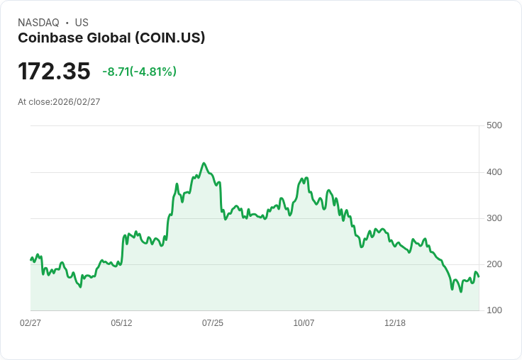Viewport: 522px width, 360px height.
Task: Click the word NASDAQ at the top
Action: (x=38, y=23)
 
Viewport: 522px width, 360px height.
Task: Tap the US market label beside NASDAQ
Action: (x=82, y=23)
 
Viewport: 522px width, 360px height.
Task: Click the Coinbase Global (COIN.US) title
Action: (x=111, y=38)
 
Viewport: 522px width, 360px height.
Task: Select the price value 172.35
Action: (x=54, y=72)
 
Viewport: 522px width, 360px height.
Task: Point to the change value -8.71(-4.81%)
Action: (x=139, y=72)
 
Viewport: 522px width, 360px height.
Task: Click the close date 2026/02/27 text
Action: (x=77, y=102)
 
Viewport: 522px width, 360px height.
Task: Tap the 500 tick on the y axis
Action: (x=494, y=125)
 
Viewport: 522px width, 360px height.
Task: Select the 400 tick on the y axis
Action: (x=494, y=172)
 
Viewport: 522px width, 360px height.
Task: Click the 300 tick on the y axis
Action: (x=494, y=218)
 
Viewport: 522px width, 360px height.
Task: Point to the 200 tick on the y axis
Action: (x=494, y=264)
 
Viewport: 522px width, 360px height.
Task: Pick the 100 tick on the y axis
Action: (x=494, y=310)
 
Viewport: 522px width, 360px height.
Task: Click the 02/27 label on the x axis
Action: (x=30, y=323)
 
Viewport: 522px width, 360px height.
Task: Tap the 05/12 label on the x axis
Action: (x=121, y=323)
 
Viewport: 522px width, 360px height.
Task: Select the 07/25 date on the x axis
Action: (x=213, y=323)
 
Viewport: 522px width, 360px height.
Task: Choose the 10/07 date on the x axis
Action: (x=304, y=323)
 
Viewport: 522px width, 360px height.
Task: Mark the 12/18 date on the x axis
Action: (x=395, y=323)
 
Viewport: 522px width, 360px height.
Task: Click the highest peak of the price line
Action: (x=204, y=163)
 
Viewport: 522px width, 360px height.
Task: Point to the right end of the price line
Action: (x=479, y=276)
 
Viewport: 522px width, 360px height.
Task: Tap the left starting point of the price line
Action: (x=30, y=259)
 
